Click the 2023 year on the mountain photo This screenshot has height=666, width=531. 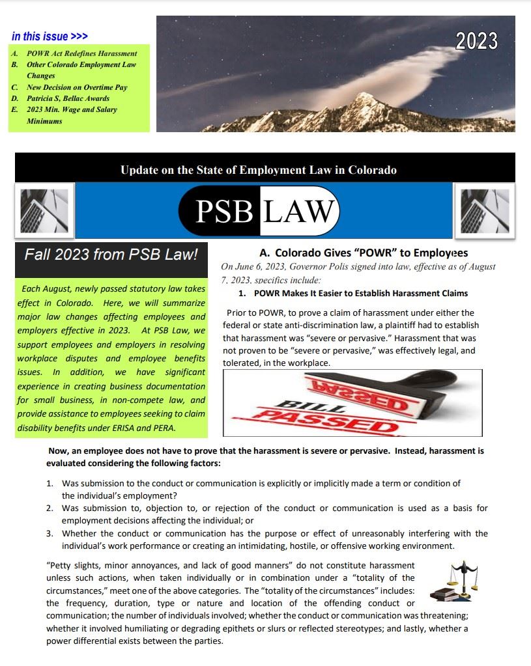476,41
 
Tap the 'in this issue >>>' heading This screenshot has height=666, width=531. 50,36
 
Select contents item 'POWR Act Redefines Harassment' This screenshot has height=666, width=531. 81,53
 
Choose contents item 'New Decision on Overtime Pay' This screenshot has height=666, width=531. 77,87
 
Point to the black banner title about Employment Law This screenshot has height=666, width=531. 258,171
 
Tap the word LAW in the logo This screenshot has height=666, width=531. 300,211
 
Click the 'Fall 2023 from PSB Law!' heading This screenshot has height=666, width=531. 111,255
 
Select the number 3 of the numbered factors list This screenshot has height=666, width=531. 49,534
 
